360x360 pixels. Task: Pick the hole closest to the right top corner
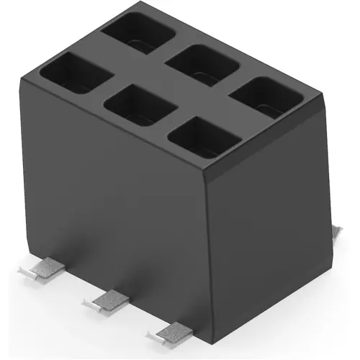[x=265, y=96]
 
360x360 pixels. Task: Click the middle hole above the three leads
[x=140, y=105]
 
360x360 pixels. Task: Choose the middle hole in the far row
[x=202, y=65]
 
